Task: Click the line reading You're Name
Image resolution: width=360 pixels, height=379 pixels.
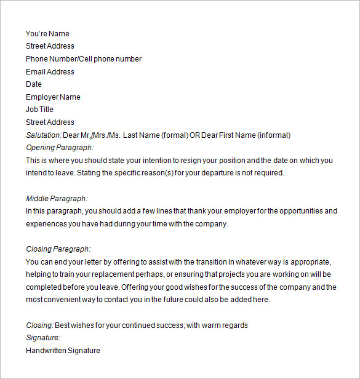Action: tap(47, 34)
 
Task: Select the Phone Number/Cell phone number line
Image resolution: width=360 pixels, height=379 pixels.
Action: tap(83, 59)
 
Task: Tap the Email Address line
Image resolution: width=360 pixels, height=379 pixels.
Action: tap(50, 72)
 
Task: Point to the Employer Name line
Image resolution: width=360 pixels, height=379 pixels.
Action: tap(53, 97)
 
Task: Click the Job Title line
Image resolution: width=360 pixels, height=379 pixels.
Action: tap(39, 110)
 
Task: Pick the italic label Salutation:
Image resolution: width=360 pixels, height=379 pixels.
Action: tap(44, 135)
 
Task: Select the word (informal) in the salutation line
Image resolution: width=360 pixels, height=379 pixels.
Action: tap(273, 135)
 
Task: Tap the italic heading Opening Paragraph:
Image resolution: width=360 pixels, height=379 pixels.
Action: tap(60, 148)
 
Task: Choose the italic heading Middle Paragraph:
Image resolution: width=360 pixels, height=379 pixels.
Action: tap(57, 199)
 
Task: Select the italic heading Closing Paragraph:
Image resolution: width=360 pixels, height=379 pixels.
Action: tap(58, 249)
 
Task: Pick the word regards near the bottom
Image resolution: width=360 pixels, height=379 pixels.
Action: tap(234, 325)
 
